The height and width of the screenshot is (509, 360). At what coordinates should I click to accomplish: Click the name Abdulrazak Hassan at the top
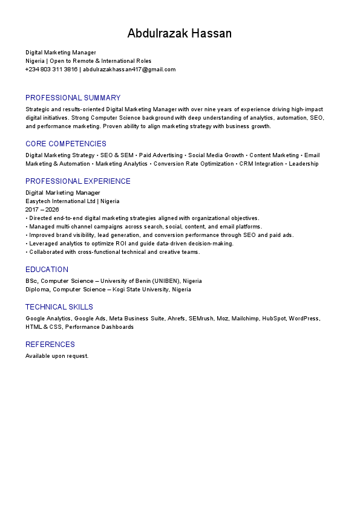click(x=179, y=33)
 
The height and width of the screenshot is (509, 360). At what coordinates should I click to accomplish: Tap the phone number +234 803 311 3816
click(x=51, y=70)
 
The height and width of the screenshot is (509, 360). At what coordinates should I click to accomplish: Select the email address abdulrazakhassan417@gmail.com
click(x=129, y=70)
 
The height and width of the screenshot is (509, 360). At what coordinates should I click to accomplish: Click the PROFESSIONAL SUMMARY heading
click(x=73, y=98)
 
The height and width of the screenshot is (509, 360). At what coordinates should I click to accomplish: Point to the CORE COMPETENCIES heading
click(x=65, y=144)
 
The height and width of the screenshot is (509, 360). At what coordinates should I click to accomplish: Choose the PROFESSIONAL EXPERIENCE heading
click(x=77, y=181)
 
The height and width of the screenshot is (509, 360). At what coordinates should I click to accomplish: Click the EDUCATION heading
click(x=47, y=270)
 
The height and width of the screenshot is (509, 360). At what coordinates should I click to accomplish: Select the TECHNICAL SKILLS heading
click(x=59, y=307)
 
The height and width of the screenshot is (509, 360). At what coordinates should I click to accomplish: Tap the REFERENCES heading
click(x=50, y=345)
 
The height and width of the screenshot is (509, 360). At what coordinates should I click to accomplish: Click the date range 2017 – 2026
click(x=42, y=210)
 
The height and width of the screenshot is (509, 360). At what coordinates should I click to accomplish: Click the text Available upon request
click(x=57, y=356)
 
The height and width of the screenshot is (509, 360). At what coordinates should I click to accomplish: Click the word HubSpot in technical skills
click(x=273, y=319)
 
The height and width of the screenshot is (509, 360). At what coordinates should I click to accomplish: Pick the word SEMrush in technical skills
click(x=201, y=319)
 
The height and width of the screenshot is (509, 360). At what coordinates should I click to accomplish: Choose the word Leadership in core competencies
click(x=304, y=164)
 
